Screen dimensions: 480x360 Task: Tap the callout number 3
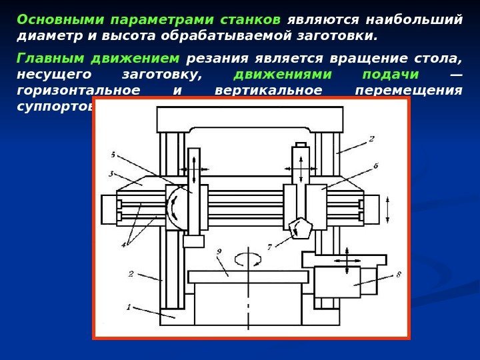point(111,174)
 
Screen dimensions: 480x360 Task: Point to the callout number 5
point(113,155)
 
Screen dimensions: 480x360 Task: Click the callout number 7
point(269,246)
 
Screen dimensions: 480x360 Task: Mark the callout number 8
point(398,273)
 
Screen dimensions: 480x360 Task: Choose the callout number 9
point(219,252)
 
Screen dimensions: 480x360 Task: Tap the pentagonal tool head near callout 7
point(301,229)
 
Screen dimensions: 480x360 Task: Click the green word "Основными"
point(53,19)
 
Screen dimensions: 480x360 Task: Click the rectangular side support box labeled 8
point(337,281)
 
